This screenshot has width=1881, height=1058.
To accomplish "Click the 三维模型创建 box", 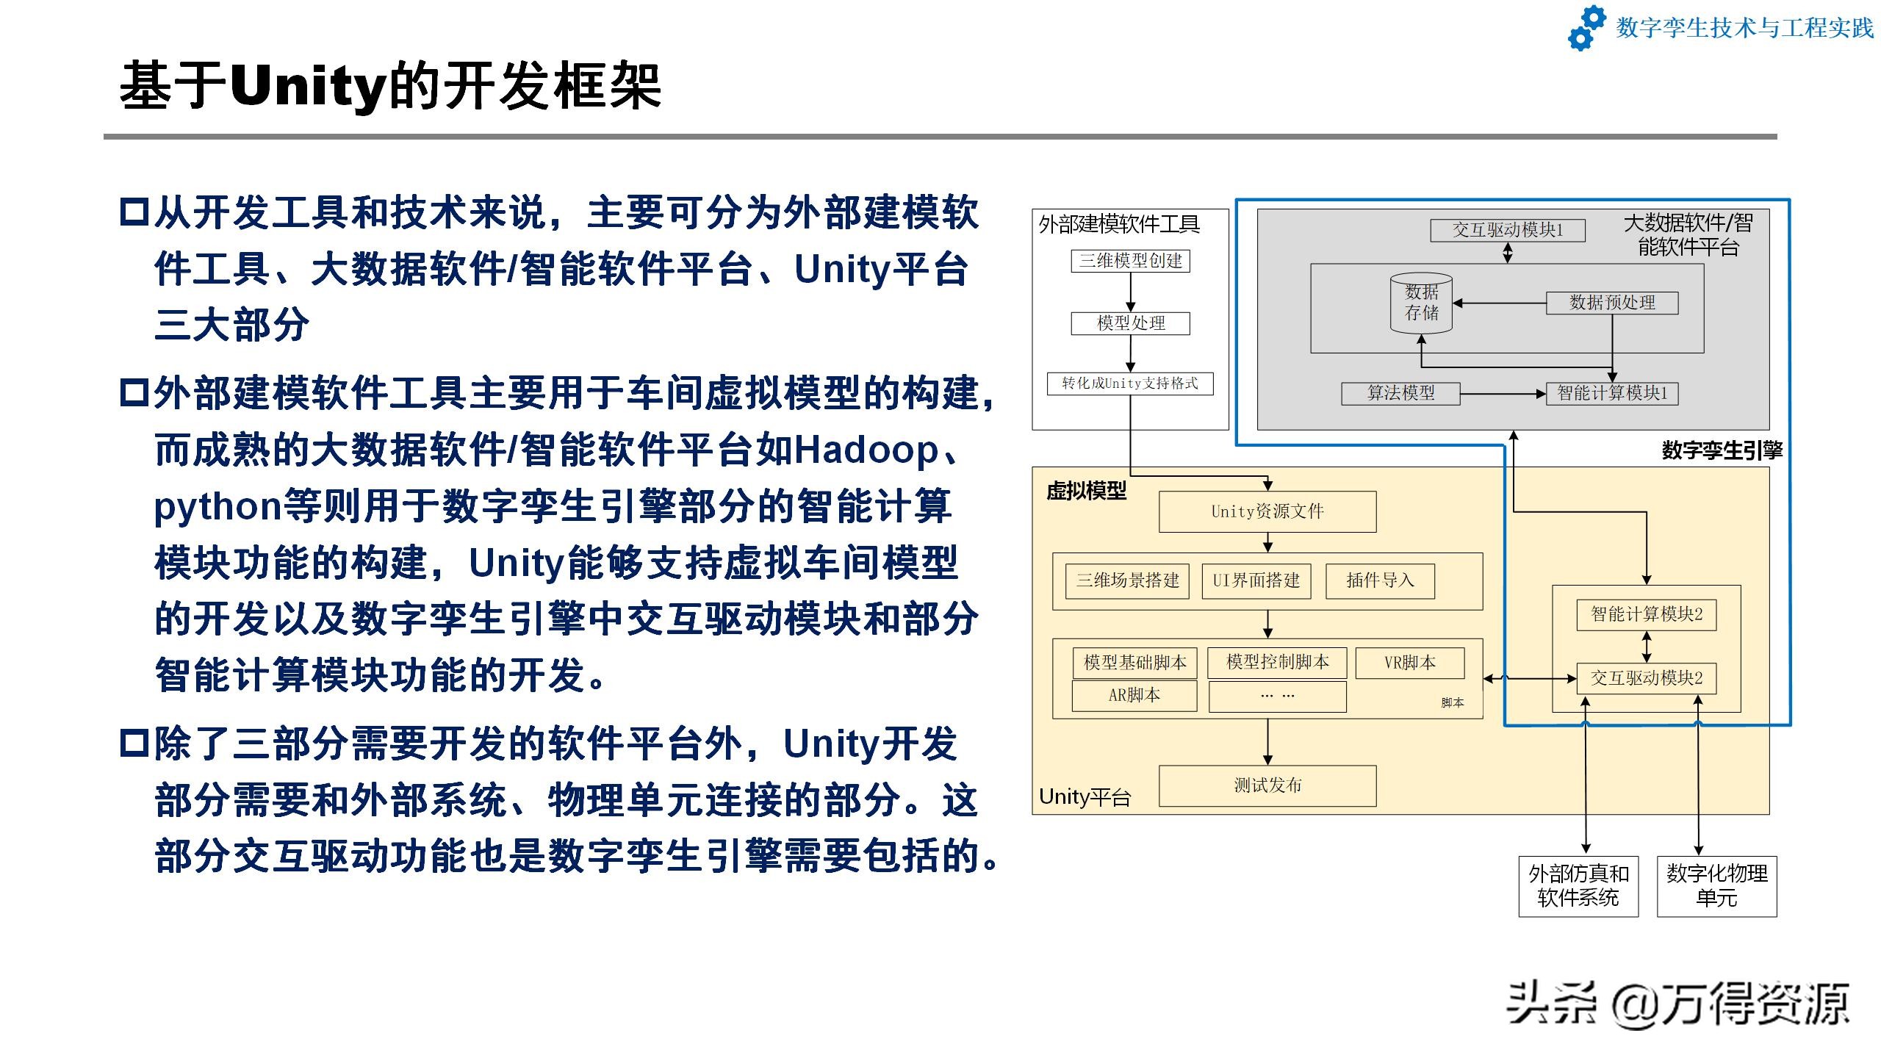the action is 1130,261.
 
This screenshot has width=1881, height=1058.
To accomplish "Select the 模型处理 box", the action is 1130,323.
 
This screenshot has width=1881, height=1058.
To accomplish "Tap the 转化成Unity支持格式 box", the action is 1130,384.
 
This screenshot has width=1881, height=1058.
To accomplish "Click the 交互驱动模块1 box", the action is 1508,230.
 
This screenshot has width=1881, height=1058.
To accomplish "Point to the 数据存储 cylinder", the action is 1421,303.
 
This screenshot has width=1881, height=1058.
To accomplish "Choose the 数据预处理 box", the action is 1612,303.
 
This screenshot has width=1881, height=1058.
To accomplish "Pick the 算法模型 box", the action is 1400,394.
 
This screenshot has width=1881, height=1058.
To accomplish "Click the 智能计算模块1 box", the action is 1612,394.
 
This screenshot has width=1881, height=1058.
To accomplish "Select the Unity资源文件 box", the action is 1267,511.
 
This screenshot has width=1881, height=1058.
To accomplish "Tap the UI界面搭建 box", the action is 1256,581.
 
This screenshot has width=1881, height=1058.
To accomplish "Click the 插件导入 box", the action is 1380,581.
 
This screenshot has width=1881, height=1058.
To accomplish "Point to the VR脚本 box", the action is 1410,663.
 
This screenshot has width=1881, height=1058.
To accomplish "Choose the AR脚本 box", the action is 1134,696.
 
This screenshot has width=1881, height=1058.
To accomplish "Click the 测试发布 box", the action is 1267,786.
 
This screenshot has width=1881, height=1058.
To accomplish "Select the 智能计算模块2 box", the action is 1647,615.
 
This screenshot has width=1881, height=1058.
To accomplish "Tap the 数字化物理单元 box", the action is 1716,886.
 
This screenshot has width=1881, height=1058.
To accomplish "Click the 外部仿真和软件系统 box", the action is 1578,886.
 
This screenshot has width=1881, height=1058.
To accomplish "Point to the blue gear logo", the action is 1587,28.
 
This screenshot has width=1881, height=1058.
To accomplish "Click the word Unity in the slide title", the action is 308,87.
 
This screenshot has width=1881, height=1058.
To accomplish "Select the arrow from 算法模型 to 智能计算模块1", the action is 1503,394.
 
